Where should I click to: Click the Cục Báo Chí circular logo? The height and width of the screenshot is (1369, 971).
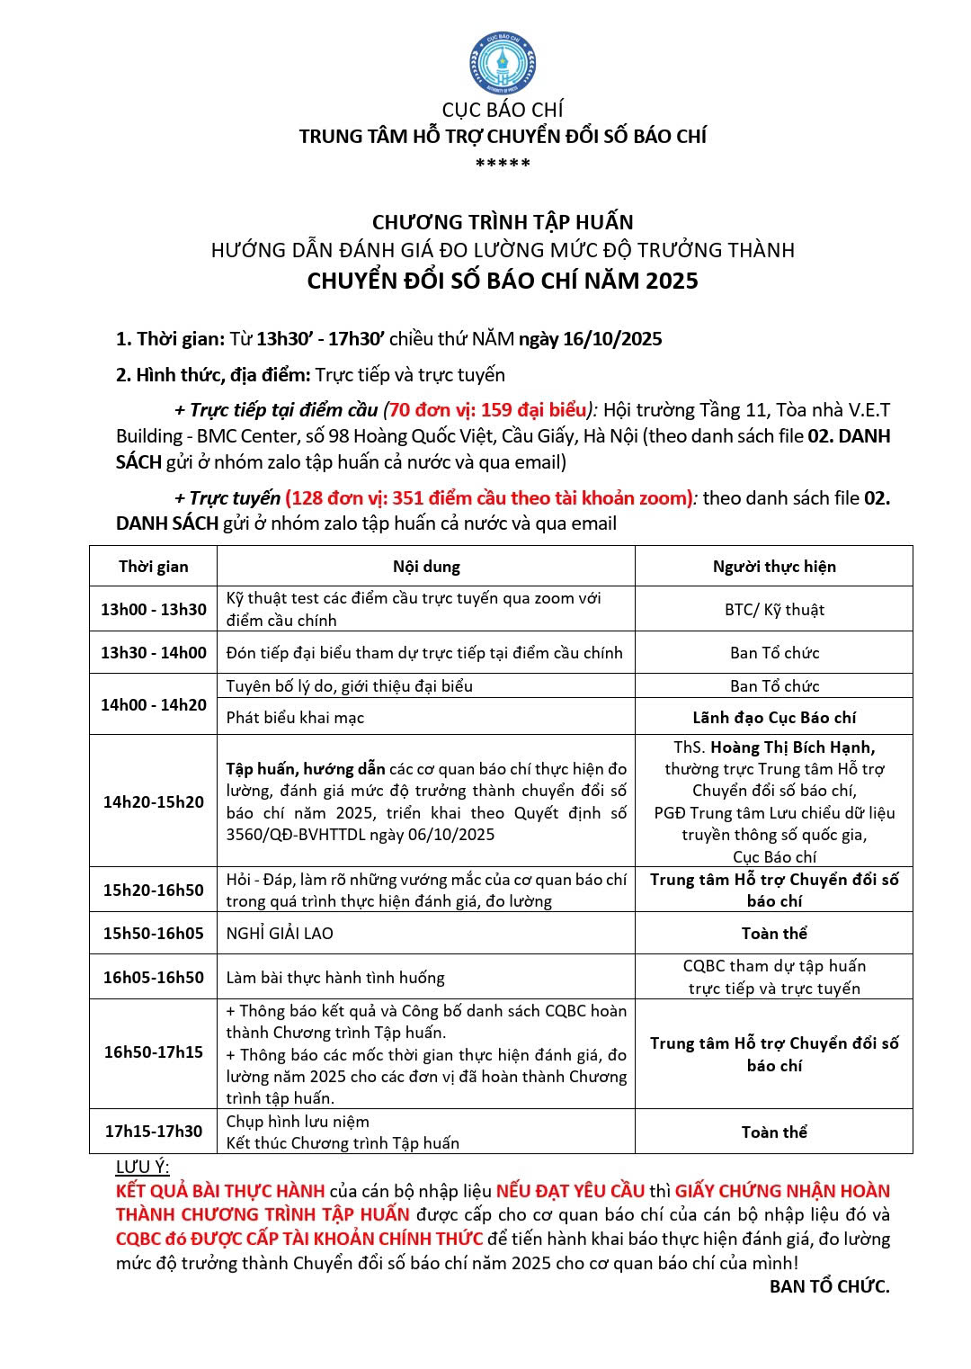tap(502, 63)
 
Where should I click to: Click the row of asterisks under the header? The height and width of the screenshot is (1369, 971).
tap(503, 164)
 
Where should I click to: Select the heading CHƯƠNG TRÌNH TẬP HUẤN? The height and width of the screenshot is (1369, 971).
tap(503, 222)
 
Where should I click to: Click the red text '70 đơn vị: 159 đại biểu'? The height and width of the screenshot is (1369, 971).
tap(487, 410)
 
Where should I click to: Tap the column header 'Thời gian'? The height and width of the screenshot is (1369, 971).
tap(154, 567)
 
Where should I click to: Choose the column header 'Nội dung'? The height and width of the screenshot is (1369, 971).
tap(426, 567)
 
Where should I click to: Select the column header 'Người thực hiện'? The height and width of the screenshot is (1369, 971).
tap(774, 567)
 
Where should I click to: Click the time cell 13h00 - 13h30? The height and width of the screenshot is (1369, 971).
tap(154, 609)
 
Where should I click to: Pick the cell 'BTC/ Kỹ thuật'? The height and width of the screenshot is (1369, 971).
tap(774, 610)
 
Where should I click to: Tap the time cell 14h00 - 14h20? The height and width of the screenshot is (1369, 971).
tap(154, 704)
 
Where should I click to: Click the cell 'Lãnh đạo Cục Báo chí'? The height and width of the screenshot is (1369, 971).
tap(774, 718)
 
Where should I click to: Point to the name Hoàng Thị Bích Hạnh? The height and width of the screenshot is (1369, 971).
tap(792, 747)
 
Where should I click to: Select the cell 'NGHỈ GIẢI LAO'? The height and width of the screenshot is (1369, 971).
tap(280, 934)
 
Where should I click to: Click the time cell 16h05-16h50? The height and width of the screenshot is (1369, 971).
tap(154, 977)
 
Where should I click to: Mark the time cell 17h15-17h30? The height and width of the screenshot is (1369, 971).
tap(154, 1132)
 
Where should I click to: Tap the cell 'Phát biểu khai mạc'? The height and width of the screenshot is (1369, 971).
tap(295, 718)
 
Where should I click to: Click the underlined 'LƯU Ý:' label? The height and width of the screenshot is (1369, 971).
tap(142, 1168)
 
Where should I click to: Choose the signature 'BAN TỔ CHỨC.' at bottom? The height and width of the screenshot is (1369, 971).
tap(829, 1287)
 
